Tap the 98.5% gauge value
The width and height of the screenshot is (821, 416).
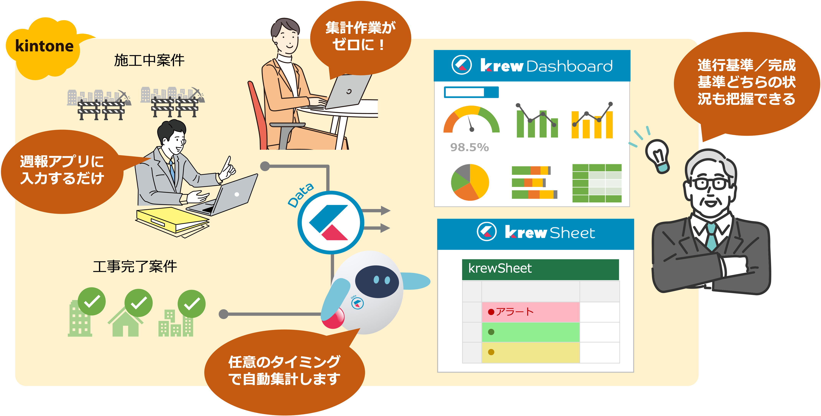pyautogui.click(x=469, y=147)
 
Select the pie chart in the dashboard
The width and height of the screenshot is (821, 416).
pyautogui.click(x=470, y=182)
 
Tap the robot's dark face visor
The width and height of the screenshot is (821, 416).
pyautogui.click(x=377, y=281)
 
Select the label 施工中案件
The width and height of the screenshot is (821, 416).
pyautogui.click(x=149, y=60)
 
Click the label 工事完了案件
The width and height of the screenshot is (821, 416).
pyautogui.click(x=135, y=266)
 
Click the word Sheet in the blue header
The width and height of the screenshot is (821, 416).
pyautogui.click(x=572, y=233)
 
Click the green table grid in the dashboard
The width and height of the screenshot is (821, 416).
pyautogui.click(x=597, y=183)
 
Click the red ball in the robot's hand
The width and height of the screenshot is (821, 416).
pyautogui.click(x=333, y=318)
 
